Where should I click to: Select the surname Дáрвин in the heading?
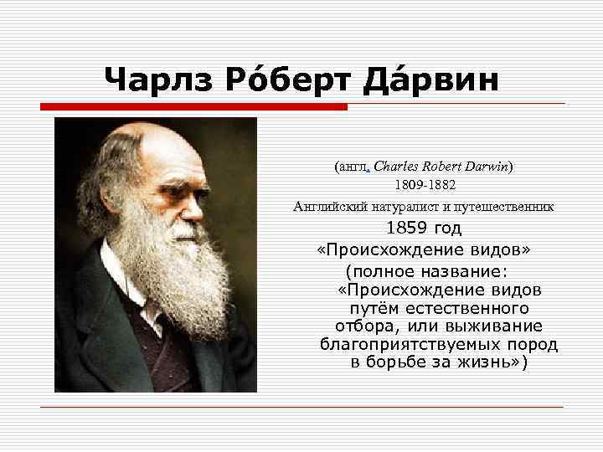[435, 80]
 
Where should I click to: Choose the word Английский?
[326, 205]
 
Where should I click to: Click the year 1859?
[405, 229]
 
